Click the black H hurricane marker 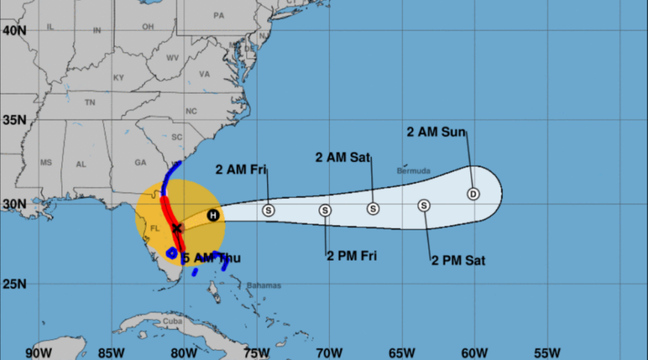[x=213, y=215]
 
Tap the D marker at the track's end [x=473, y=194]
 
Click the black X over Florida [x=176, y=228]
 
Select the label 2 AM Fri [x=241, y=170]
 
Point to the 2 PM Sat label [x=458, y=260]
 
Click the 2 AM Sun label [x=436, y=132]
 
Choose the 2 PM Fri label [x=352, y=255]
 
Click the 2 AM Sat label [x=343, y=157]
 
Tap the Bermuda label [x=413, y=171]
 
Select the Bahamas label [x=264, y=285]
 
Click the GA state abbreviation [x=140, y=163]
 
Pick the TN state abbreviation [x=90, y=103]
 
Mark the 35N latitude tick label [x=14, y=119]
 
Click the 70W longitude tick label [x=328, y=353]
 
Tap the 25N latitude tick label [x=14, y=284]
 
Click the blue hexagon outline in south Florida [x=172, y=253]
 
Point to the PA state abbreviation [x=219, y=15]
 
